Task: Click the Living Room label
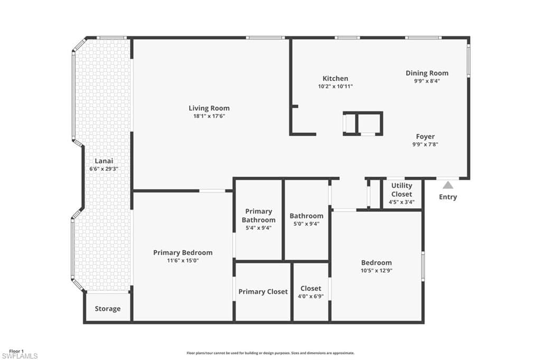click(209, 108)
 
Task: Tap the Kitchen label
click(335, 79)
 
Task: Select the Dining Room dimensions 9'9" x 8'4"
click(427, 81)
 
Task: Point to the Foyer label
click(425, 136)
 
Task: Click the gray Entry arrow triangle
click(448, 185)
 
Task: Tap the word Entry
click(448, 197)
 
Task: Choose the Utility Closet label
click(402, 190)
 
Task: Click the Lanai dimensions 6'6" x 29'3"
click(104, 169)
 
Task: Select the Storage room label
click(108, 309)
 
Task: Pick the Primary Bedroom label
click(183, 253)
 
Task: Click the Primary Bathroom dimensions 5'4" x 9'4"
click(258, 228)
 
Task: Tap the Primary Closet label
click(263, 292)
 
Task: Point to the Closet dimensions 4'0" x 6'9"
click(311, 296)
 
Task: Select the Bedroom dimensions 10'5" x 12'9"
click(377, 270)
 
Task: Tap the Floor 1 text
click(16, 351)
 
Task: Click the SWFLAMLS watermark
click(20, 356)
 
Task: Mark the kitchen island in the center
click(362, 124)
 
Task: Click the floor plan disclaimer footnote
click(270, 353)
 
